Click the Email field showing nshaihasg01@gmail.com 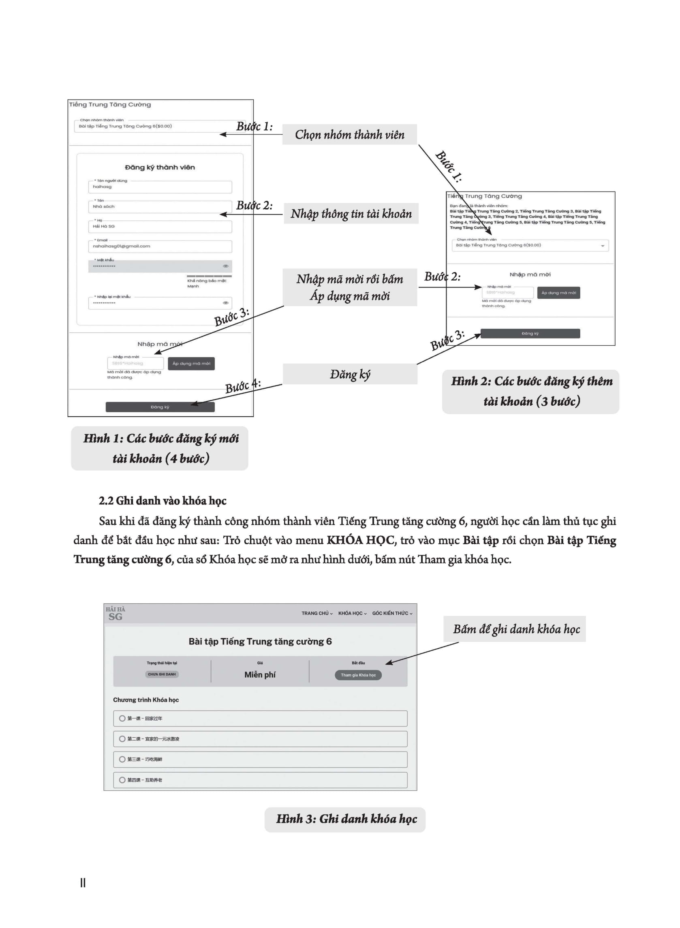point(160,246)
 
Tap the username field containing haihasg point(160,187)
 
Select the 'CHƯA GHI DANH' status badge point(162,674)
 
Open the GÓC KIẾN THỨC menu point(392,613)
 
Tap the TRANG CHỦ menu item point(316,613)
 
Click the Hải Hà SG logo point(115,613)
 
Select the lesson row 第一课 point(260,718)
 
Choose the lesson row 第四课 point(260,780)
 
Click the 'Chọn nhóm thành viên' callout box point(349,134)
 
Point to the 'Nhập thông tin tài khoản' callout point(351,213)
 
